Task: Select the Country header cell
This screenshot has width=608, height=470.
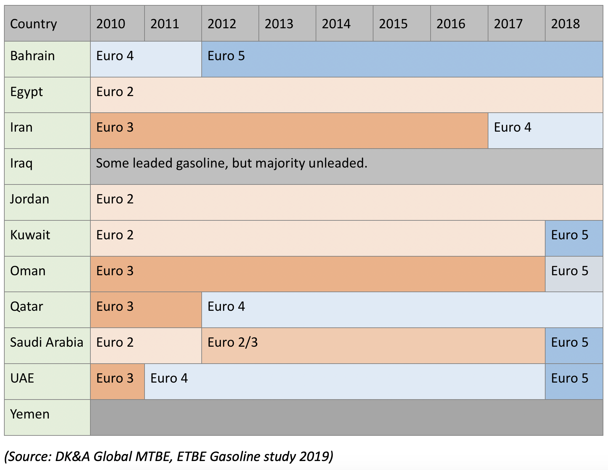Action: (47, 23)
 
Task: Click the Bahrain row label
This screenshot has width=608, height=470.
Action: (33, 56)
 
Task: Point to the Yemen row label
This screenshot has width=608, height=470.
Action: (30, 414)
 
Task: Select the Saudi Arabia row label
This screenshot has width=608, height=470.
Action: (47, 342)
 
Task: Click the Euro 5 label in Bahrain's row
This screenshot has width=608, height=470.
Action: (226, 56)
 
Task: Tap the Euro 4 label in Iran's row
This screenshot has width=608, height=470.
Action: (513, 127)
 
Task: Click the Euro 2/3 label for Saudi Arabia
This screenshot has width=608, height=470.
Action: (233, 342)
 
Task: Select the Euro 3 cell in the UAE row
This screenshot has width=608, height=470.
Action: (117, 382)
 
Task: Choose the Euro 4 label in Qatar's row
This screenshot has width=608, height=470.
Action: (226, 306)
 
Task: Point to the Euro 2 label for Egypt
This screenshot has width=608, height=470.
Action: (115, 92)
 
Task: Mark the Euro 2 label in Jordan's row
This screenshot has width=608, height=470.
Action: (115, 199)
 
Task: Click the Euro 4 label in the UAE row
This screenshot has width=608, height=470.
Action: (169, 378)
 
